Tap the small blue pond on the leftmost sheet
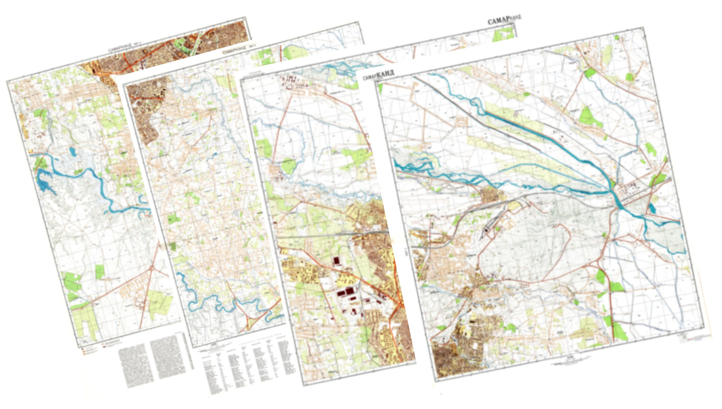73,151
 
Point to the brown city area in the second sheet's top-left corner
145,110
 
